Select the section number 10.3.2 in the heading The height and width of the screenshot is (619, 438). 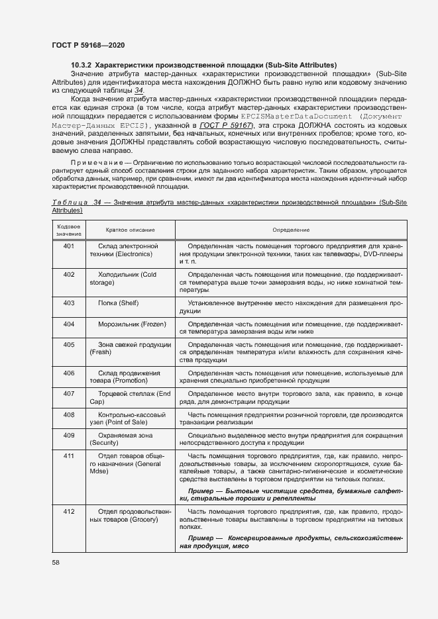[82, 65]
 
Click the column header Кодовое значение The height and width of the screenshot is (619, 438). [68, 230]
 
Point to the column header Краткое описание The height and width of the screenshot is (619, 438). [130, 230]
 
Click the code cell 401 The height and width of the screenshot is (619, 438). [68, 246]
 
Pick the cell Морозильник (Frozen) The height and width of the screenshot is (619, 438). [131, 324]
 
